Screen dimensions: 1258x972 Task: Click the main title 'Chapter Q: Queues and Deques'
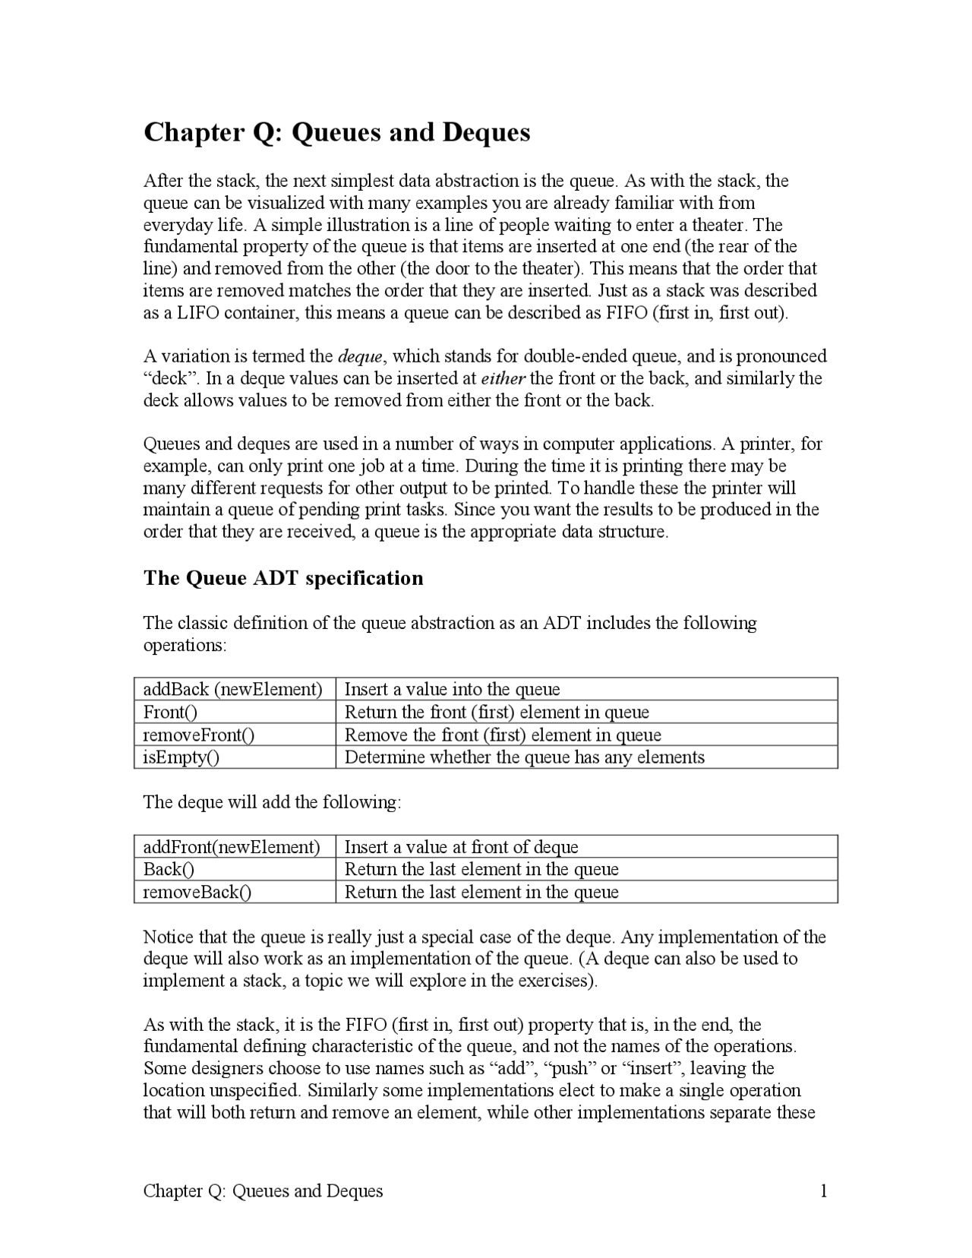(x=336, y=132)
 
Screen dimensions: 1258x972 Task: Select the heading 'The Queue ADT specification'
(x=283, y=578)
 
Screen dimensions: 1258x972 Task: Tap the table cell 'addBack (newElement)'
(x=233, y=689)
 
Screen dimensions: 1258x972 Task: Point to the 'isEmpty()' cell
(x=181, y=757)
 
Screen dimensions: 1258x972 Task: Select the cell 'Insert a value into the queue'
(x=452, y=689)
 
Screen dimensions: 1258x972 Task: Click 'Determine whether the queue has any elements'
(x=524, y=757)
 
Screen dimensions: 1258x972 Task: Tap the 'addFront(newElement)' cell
(x=232, y=847)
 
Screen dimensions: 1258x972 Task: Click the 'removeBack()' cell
(x=197, y=892)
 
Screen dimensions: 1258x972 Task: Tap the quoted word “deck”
(x=166, y=378)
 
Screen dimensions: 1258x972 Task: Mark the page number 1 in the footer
(x=823, y=1190)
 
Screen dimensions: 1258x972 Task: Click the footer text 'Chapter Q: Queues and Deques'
(x=263, y=1190)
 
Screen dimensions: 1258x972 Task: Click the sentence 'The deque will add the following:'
(x=272, y=802)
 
